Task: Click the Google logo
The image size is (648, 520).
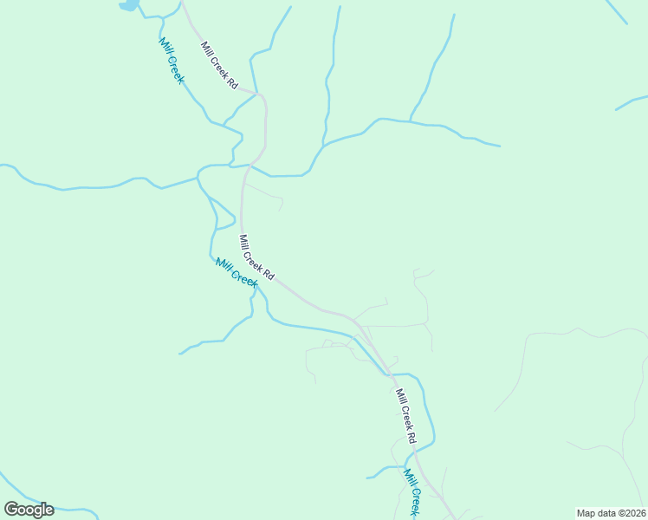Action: [x=29, y=510]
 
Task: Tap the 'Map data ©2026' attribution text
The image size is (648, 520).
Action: [x=610, y=513]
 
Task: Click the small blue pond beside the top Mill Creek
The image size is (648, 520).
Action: [x=128, y=5]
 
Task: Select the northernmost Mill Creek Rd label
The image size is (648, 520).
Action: [x=219, y=65]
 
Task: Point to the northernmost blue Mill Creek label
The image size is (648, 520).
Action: [x=172, y=61]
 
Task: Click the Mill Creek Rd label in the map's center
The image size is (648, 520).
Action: [x=256, y=257]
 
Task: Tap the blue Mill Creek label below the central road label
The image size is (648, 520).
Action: [x=237, y=274]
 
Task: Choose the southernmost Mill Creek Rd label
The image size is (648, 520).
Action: [x=406, y=416]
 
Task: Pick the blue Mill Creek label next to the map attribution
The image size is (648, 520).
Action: [x=413, y=492]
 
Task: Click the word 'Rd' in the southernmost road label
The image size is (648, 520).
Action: [x=412, y=436]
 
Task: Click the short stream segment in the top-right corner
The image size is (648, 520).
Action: [x=617, y=12]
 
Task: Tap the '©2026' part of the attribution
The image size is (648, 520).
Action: [x=630, y=513]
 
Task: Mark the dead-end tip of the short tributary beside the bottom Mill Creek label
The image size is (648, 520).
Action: [x=367, y=478]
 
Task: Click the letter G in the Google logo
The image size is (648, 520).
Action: [x=12, y=510]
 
